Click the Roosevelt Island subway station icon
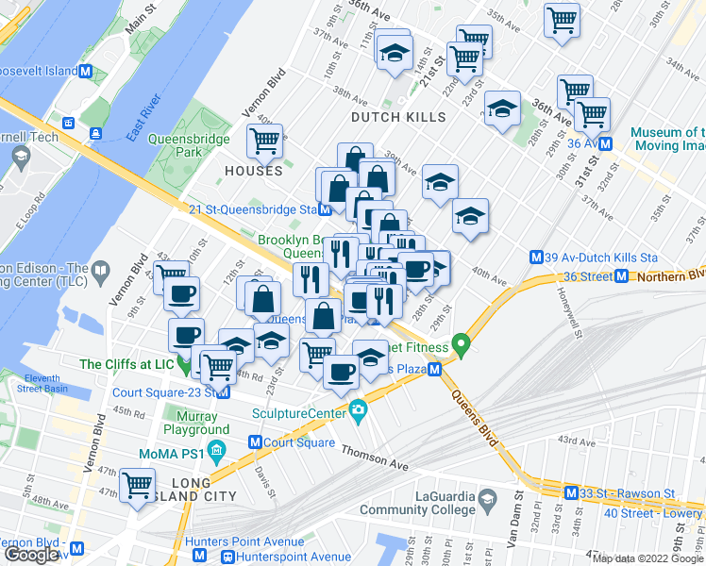86,72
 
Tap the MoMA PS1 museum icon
218,449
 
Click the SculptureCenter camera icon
358,410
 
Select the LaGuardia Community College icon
487,498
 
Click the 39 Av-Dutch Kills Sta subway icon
537,257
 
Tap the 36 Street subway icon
622,275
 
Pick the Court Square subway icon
255,442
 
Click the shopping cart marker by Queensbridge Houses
265,142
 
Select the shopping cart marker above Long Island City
138,485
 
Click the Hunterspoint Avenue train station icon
227,558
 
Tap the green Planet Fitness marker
462,344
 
